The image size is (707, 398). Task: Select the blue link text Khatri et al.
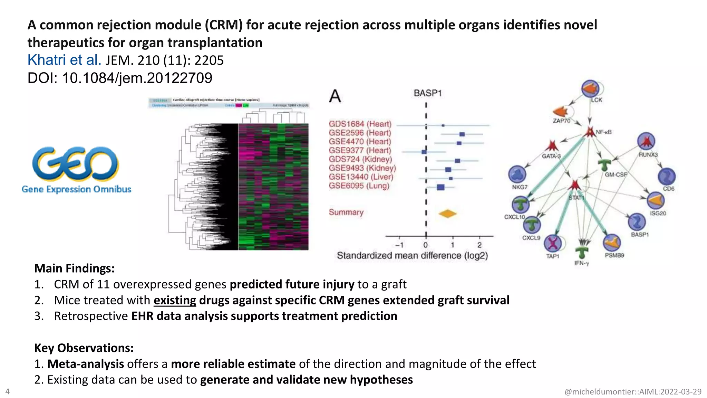click(x=64, y=60)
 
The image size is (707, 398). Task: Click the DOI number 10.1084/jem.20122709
click(x=137, y=78)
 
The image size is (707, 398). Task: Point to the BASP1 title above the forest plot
click(x=427, y=93)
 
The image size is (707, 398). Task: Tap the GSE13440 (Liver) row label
click(x=361, y=177)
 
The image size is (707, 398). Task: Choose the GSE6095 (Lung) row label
click(x=359, y=186)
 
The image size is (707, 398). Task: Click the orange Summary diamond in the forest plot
click(x=447, y=214)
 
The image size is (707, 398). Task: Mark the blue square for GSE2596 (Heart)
click(x=462, y=134)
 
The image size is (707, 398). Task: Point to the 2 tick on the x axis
click(x=479, y=245)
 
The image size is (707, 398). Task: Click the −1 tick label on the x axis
click(x=399, y=245)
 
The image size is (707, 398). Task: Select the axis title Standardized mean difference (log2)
click(x=412, y=256)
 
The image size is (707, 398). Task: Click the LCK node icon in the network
click(x=590, y=89)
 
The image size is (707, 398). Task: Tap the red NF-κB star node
click(x=590, y=132)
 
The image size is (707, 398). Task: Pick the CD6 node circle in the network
click(x=666, y=177)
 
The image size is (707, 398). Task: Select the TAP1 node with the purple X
click(x=553, y=243)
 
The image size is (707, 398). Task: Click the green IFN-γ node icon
click(x=582, y=252)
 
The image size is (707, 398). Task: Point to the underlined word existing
click(x=175, y=300)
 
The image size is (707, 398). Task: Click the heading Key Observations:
click(x=84, y=348)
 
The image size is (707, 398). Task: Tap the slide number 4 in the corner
click(x=8, y=391)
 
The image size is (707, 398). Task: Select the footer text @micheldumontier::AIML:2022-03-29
click(x=633, y=392)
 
